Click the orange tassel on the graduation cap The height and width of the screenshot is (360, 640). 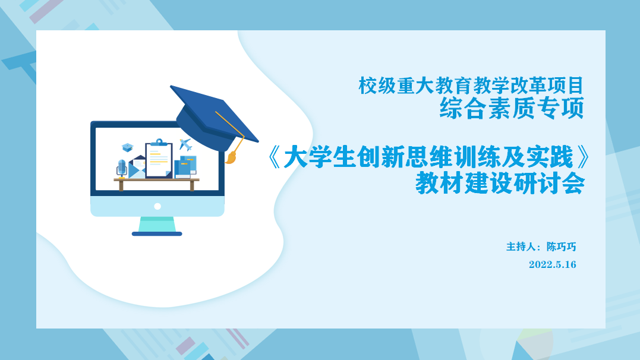(x=231, y=158)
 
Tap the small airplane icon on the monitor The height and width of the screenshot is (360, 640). (x=185, y=144)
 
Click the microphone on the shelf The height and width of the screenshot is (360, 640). (x=122, y=168)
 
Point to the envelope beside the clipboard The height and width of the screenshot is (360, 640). (x=137, y=167)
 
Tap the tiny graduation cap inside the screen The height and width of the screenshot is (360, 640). (x=127, y=147)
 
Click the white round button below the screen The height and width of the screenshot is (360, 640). (x=157, y=206)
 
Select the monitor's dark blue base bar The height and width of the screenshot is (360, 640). (x=157, y=233)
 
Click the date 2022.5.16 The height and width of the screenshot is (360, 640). (x=552, y=265)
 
